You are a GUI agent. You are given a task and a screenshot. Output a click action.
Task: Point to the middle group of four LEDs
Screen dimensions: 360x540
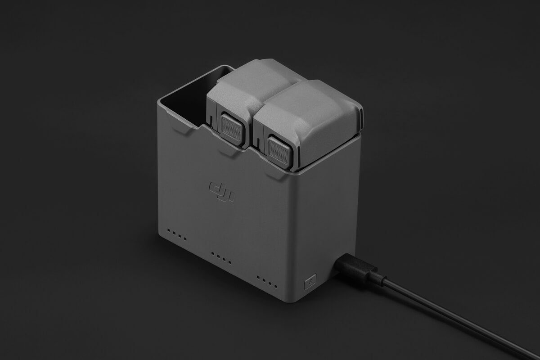pos(221,258)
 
